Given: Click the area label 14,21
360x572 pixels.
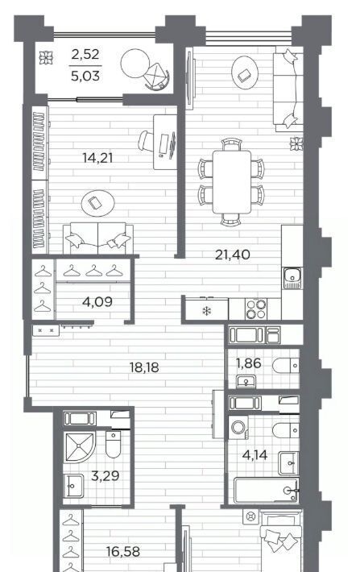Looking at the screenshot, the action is click(x=97, y=159).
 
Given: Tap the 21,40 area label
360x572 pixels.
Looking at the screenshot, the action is click(x=232, y=255).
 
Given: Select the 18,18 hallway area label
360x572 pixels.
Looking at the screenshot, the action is click(x=144, y=367).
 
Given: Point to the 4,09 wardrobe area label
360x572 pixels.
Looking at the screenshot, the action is click(x=97, y=302).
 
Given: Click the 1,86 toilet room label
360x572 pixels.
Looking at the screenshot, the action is click(x=248, y=363).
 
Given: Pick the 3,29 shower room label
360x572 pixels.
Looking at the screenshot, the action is click(x=105, y=476).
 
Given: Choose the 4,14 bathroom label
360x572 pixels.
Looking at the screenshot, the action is click(x=255, y=455).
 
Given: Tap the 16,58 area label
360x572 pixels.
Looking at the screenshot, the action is click(x=123, y=552).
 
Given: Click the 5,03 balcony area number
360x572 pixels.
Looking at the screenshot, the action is click(x=85, y=77).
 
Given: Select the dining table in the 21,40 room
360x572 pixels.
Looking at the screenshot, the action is click(x=232, y=181).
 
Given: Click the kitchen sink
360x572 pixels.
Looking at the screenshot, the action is click(x=292, y=278).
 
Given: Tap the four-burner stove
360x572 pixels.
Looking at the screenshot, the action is click(x=255, y=309).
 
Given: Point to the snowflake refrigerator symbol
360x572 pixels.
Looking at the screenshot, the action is click(x=206, y=312).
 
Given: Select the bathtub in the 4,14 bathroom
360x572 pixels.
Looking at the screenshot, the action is click(x=266, y=490).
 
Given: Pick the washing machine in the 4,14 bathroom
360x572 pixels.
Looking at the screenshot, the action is click(x=238, y=428).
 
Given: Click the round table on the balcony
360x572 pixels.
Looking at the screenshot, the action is click(x=135, y=63).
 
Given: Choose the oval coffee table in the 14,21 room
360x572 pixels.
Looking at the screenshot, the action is click(x=97, y=203).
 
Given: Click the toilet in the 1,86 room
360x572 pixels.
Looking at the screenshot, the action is click(x=286, y=366).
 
